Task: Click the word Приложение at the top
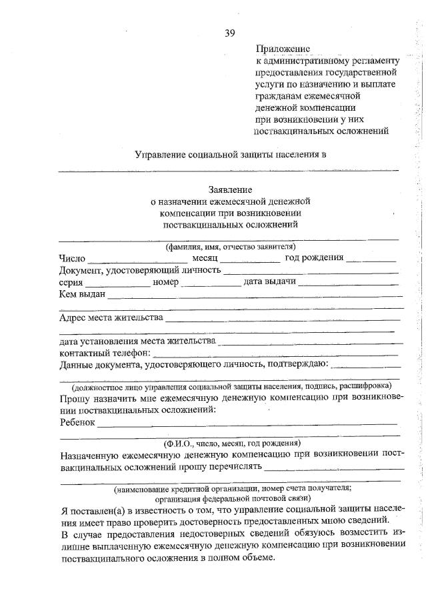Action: click(x=283, y=49)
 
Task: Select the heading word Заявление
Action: click(x=231, y=189)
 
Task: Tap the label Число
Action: click(x=72, y=258)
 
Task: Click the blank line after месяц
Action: click(x=250, y=260)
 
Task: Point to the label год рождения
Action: click(x=314, y=258)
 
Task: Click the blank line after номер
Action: click(x=211, y=284)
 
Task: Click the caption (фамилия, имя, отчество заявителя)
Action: click(x=231, y=247)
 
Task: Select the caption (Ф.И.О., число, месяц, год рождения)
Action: click(x=231, y=443)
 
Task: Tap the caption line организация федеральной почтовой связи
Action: click(x=231, y=498)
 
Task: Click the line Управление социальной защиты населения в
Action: click(x=231, y=155)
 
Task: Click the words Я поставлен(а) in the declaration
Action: click(x=93, y=510)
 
